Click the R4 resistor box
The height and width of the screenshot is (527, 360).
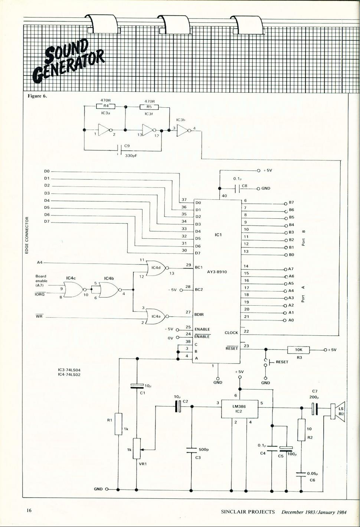tap(105, 106)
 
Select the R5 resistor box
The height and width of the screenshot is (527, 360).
tap(149, 107)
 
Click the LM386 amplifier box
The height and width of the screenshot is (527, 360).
tap(239, 409)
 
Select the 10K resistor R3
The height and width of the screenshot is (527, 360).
tap(298, 350)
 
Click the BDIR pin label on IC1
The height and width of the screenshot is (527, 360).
tap(199, 314)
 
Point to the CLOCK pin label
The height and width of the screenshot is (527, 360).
tap(231, 333)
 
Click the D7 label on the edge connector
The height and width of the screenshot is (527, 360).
tap(47, 221)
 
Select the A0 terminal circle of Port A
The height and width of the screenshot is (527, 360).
tap(284, 320)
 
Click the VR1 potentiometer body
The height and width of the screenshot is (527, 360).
tap(137, 448)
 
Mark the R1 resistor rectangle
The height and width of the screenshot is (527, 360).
tap(118, 424)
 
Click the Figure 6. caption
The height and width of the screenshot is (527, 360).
tap(37, 96)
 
